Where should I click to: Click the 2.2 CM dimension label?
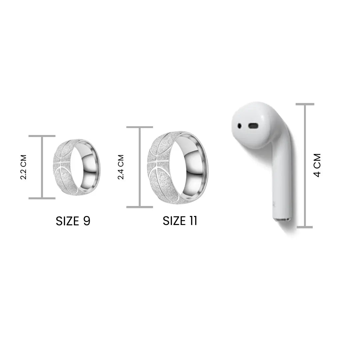pyautogui.click(x=23, y=167)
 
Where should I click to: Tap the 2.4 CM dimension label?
pyautogui.click(x=121, y=167)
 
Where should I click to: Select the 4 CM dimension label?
pyautogui.click(x=317, y=165)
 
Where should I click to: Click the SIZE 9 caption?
pyautogui.click(x=73, y=221)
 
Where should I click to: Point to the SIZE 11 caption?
pyautogui.click(x=180, y=221)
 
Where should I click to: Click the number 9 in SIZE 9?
pyautogui.click(x=87, y=221)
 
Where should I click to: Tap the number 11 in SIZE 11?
pyautogui.click(x=193, y=221)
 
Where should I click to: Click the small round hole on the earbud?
pyautogui.click(x=239, y=126)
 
